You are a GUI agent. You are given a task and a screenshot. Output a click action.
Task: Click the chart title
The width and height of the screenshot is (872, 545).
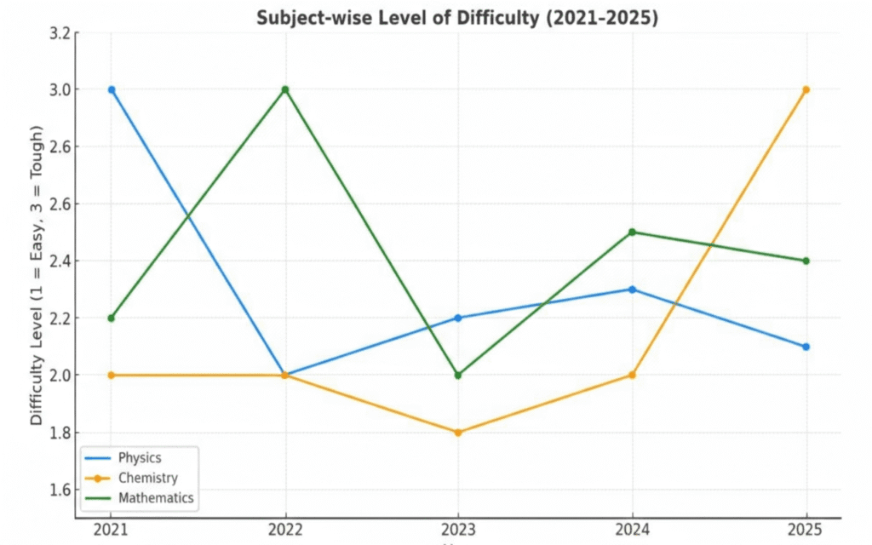[457, 19]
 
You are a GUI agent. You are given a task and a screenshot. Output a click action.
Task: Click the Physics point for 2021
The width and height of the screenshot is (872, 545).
[112, 89]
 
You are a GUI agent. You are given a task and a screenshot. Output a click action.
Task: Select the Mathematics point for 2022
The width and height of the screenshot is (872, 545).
[284, 89]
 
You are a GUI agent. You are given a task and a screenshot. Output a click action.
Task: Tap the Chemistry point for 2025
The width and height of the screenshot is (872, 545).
[806, 89]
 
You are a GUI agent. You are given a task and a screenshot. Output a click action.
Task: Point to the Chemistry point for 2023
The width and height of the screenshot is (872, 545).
[458, 433]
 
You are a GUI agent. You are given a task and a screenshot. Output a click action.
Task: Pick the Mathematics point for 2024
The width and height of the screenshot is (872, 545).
[632, 232]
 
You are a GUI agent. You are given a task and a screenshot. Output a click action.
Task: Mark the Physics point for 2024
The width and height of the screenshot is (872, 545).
[632, 290]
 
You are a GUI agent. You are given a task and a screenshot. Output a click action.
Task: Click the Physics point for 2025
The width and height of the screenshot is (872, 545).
[806, 347]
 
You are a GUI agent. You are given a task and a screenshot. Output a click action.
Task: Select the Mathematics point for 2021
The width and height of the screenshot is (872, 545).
[112, 318]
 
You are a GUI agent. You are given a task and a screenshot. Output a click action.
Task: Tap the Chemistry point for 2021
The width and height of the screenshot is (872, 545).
[112, 375]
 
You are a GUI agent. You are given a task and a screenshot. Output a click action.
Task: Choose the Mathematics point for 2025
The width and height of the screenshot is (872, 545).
[806, 261]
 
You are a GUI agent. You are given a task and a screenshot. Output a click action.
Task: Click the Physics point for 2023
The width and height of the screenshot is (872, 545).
[458, 318]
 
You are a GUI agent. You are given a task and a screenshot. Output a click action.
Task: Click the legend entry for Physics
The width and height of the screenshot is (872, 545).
[139, 458]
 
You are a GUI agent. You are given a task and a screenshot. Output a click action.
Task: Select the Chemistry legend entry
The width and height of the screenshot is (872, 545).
[146, 478]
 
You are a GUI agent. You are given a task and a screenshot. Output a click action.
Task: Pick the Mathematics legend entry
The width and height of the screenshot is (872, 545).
[155, 497]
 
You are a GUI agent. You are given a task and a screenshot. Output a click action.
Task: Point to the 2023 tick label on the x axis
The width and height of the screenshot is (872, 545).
[458, 529]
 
